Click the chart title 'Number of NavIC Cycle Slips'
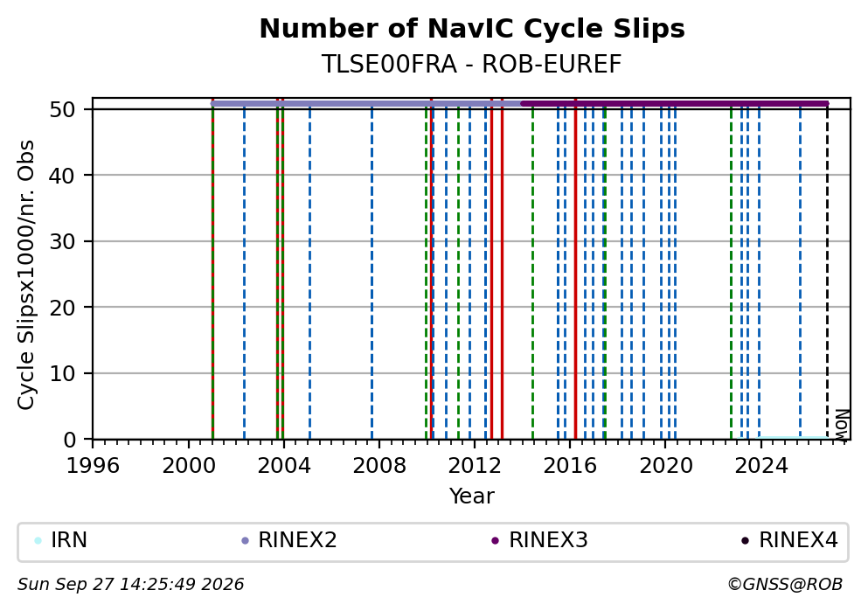coord(472,29)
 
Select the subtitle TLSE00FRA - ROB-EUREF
coord(472,64)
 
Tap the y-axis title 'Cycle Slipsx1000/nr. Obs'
coord(25,274)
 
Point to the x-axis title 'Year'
coord(472,496)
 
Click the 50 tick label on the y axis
coord(63,109)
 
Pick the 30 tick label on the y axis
coord(63,241)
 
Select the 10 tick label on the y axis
coord(63,373)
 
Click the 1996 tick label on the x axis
coord(93,465)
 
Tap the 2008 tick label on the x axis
coord(379,465)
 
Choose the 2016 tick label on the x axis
coord(570,465)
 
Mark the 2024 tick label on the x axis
coord(761,465)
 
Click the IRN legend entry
coord(60,540)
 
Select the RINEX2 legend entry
coord(289,540)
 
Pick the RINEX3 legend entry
coord(539,540)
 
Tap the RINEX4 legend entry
coord(790,540)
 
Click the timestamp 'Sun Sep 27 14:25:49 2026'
coord(130,585)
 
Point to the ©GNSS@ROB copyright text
coord(785,585)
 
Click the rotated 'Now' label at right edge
coord(842,425)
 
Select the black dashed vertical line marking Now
coord(827,271)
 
